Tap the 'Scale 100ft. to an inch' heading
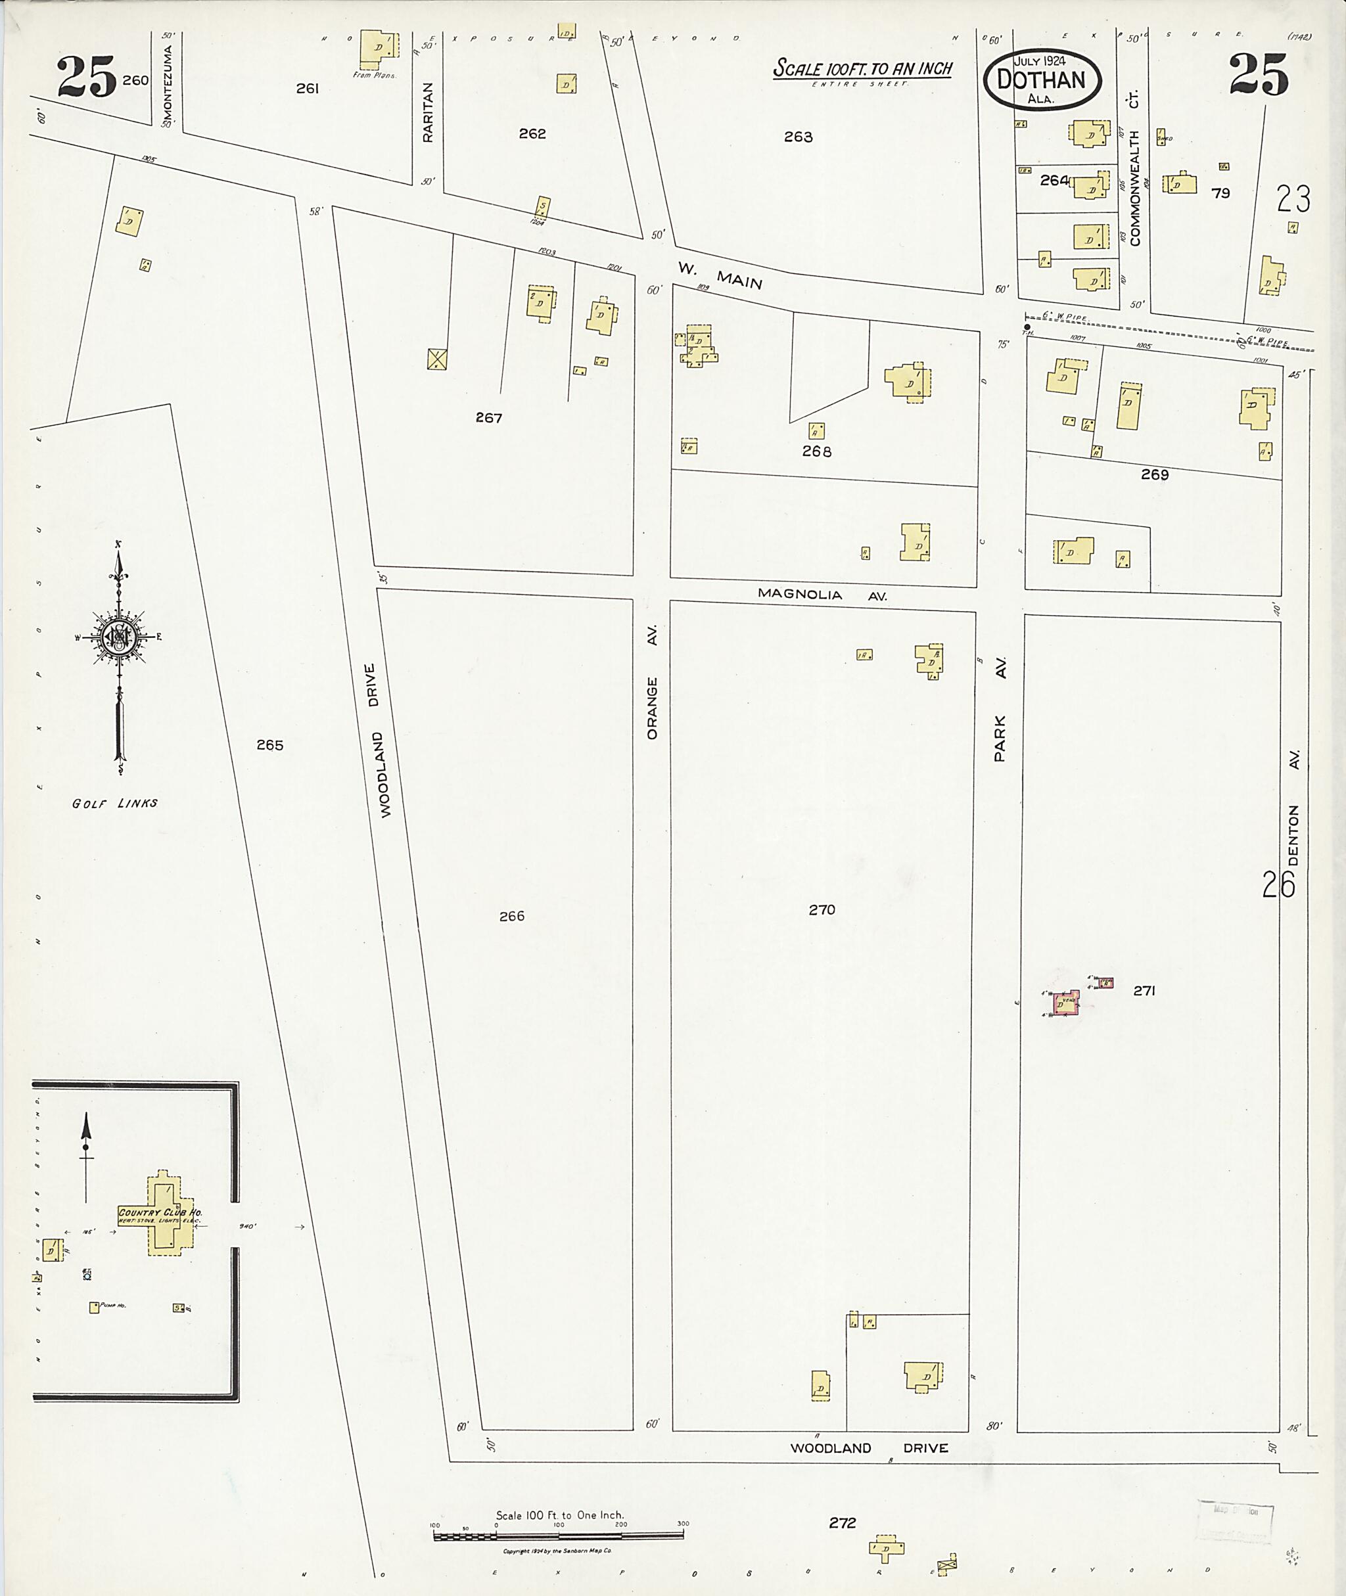[862, 68]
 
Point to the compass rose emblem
[118, 635]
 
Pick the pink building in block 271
[1065, 1005]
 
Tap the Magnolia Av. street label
[821, 594]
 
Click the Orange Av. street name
[653, 683]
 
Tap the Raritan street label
[427, 112]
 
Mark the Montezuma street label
[168, 80]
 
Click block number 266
[511, 916]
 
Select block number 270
[822, 909]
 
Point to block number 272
[843, 1523]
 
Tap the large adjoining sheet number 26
[1278, 884]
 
